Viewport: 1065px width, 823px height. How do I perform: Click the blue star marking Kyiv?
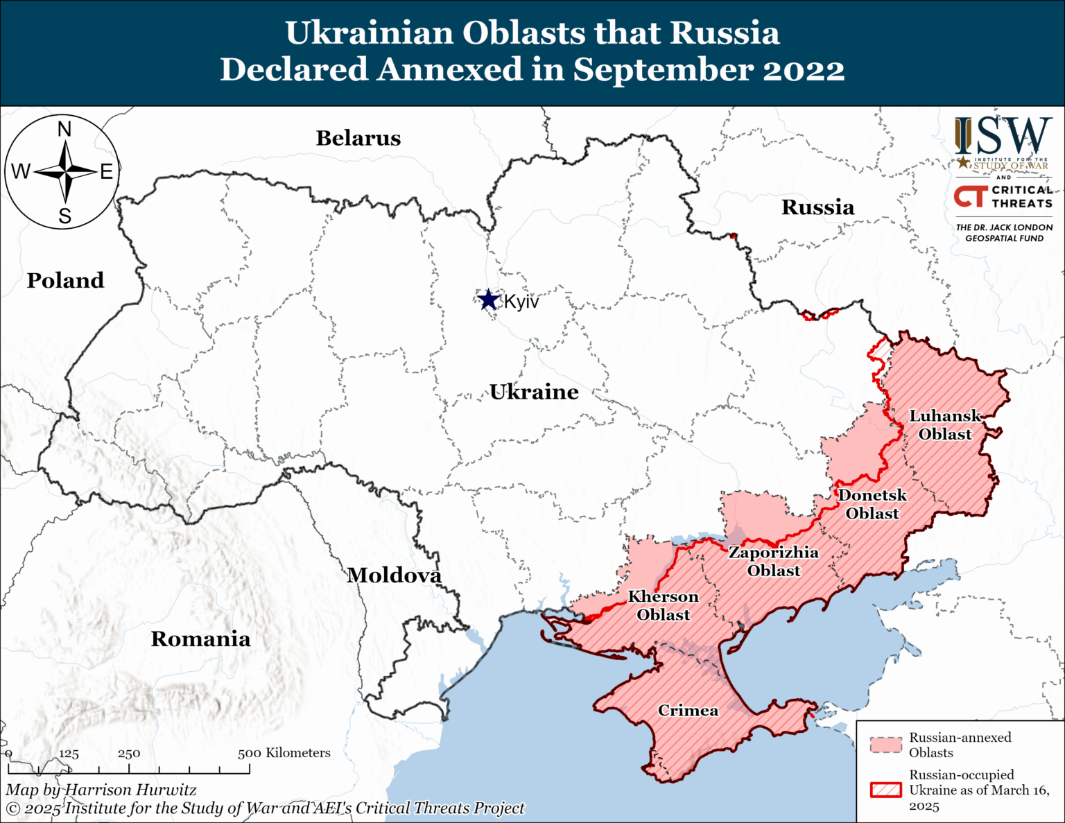pos(489,300)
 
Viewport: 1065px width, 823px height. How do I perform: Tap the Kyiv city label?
pos(521,302)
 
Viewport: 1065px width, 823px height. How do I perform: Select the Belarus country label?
pos(358,138)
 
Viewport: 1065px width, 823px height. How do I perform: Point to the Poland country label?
pos(65,280)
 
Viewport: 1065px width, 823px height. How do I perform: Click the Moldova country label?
pos(394,575)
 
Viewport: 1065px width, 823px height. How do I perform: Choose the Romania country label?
pos(200,639)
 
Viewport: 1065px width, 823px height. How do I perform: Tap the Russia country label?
pos(817,207)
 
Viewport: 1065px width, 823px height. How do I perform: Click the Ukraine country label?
pos(534,392)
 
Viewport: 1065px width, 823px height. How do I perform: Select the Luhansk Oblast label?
pos(945,424)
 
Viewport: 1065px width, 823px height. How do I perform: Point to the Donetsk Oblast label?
pos(872,504)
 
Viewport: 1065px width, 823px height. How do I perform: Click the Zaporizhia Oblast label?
pos(773,561)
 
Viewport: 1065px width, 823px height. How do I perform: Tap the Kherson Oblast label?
pos(663,605)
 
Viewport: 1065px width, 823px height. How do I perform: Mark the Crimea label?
pos(688,710)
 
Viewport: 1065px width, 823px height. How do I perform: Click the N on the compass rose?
pos(64,129)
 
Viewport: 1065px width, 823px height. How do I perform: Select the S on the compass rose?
pos(64,216)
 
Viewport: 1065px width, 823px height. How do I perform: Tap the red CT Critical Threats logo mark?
pos(970,196)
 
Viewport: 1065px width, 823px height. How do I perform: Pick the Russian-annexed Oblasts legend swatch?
pos(886,745)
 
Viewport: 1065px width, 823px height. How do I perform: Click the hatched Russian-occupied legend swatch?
pos(886,790)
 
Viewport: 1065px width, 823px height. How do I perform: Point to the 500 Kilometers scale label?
pos(284,753)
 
